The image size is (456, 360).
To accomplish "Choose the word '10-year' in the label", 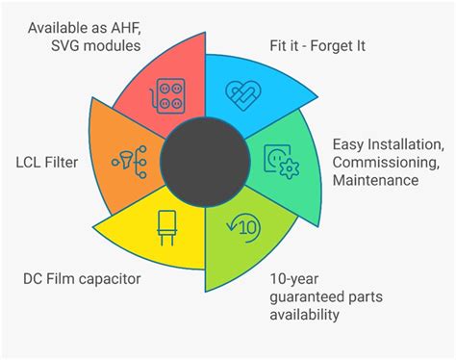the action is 291,279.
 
